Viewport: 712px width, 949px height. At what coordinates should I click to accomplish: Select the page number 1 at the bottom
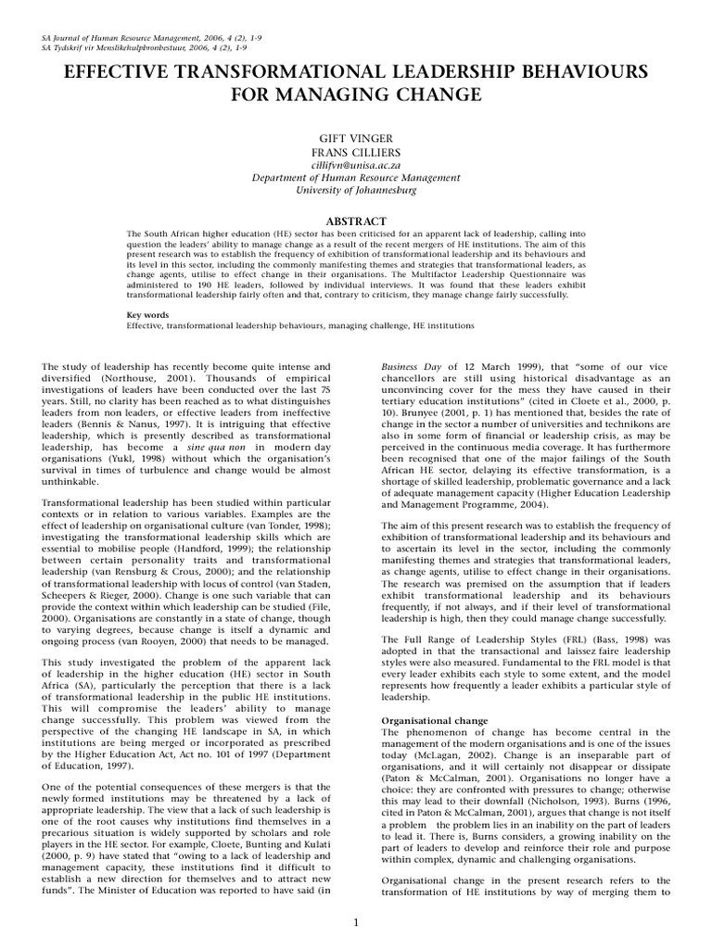tap(355, 922)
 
